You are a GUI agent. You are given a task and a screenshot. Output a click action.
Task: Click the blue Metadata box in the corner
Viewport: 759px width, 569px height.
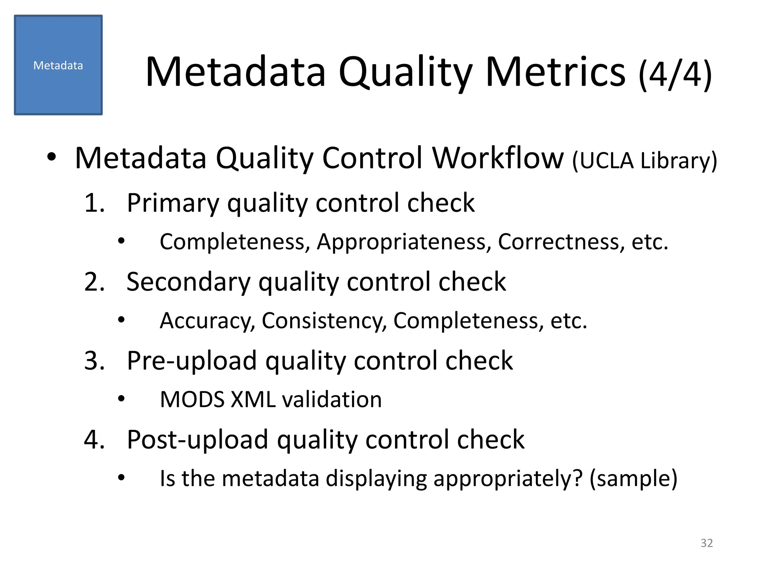click(x=58, y=65)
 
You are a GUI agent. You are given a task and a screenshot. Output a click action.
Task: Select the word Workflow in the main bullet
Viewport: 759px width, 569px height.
click(x=498, y=158)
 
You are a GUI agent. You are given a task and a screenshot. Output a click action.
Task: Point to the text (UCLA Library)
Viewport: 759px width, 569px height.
click(x=644, y=161)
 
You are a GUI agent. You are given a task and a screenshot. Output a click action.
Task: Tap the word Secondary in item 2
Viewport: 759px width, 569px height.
click(x=188, y=282)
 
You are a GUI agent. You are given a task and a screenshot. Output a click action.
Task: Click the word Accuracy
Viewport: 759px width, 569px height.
click(x=207, y=321)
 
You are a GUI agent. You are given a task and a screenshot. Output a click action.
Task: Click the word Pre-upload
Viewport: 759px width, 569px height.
click(x=192, y=361)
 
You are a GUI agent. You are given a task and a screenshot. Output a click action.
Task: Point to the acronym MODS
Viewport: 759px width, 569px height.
click(x=192, y=400)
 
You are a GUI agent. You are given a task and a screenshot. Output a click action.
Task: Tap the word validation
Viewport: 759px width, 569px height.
click(x=332, y=400)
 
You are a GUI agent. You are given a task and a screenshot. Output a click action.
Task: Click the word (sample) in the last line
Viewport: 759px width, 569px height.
click(x=633, y=479)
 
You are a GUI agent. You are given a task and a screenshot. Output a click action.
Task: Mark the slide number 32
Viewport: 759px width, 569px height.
click(x=707, y=543)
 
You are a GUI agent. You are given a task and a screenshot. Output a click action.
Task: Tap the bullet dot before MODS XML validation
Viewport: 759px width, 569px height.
click(x=121, y=399)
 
